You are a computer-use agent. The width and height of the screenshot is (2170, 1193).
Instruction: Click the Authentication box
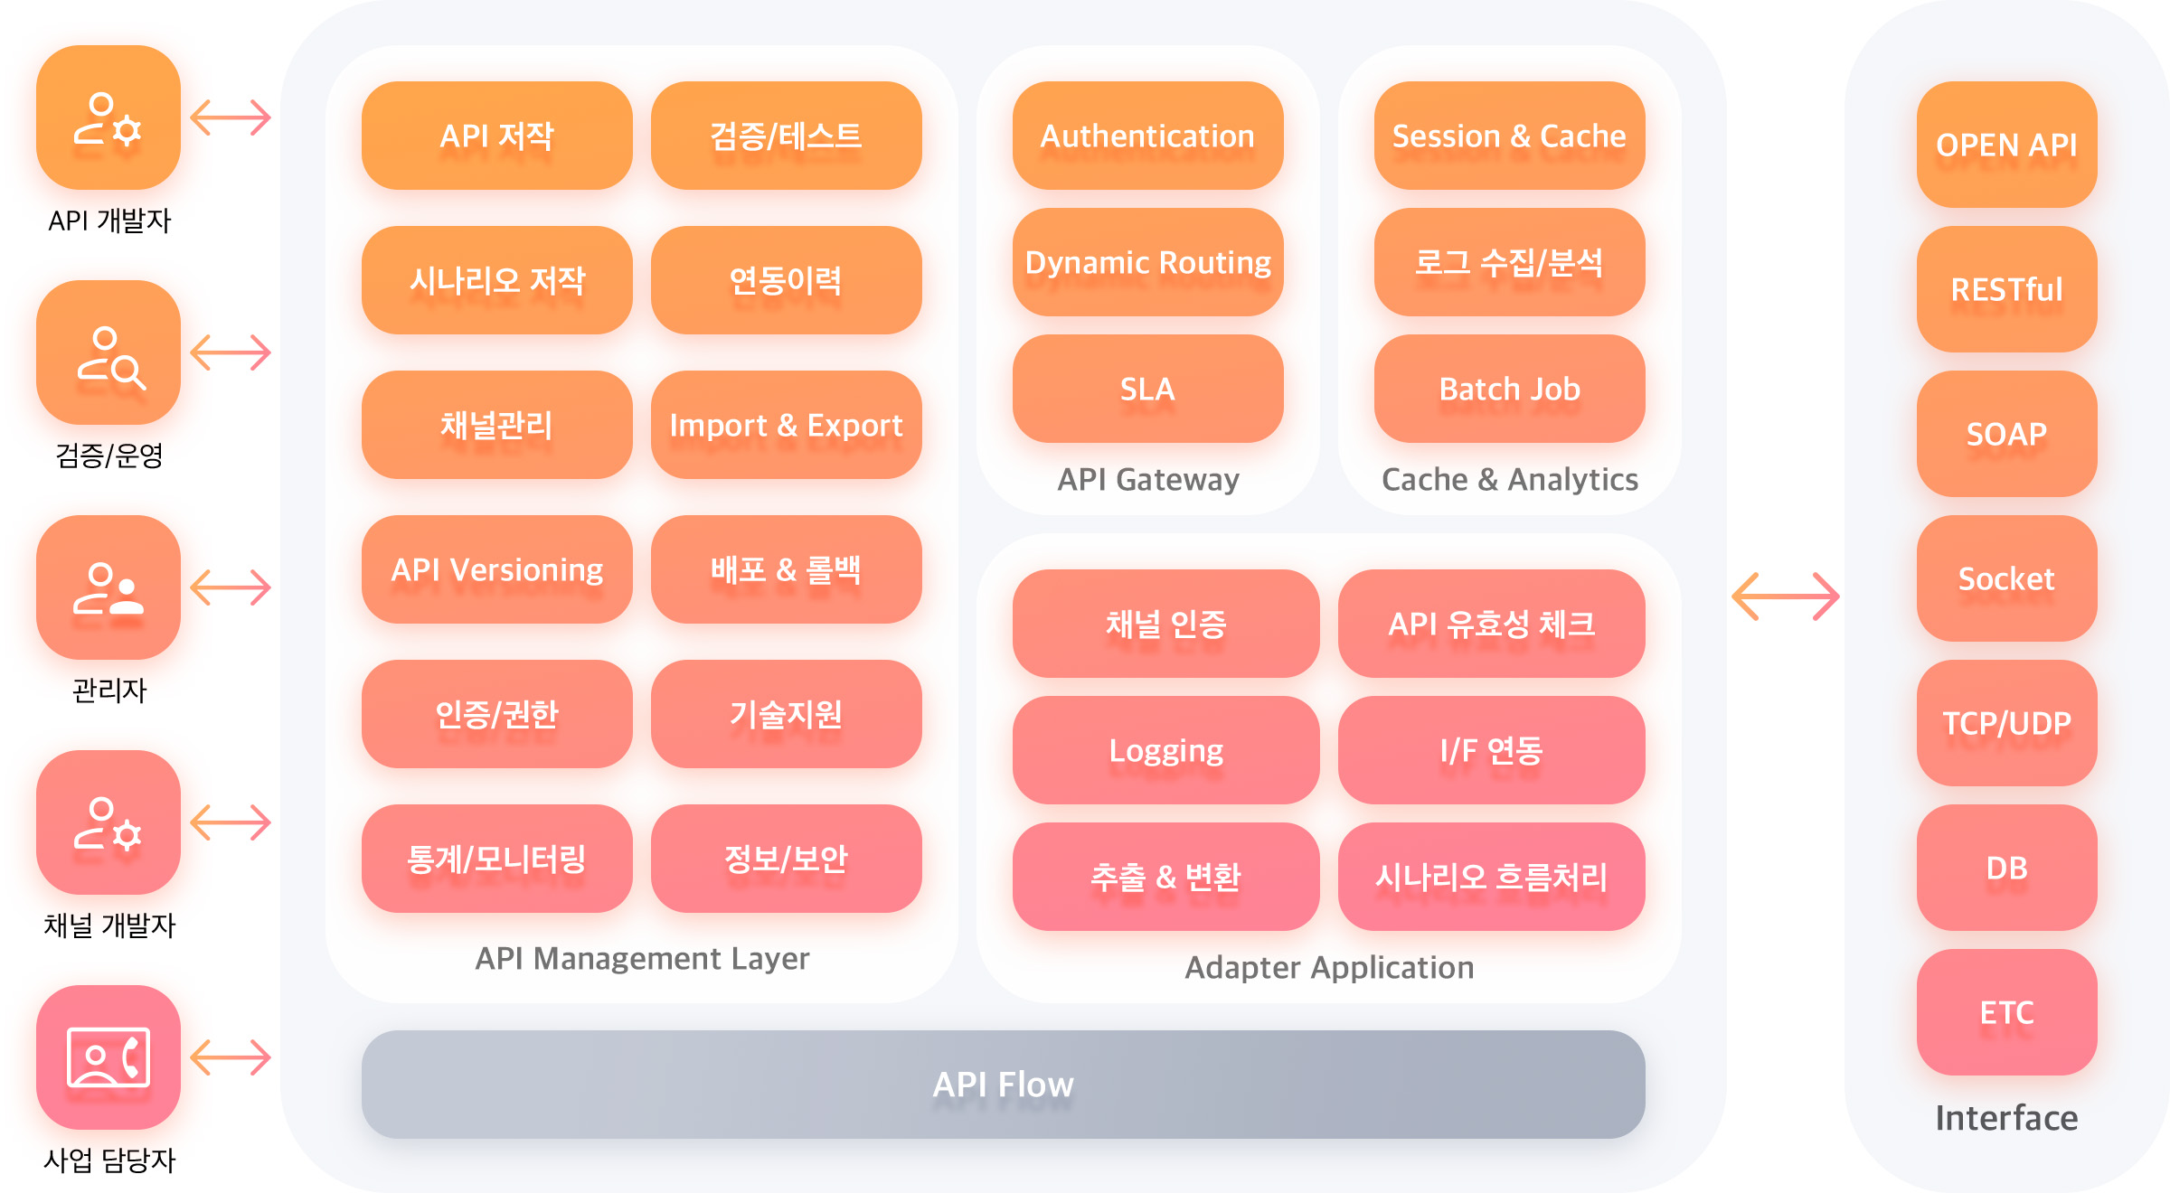[x=1147, y=136]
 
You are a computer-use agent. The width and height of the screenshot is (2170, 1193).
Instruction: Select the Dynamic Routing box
[x=1147, y=262]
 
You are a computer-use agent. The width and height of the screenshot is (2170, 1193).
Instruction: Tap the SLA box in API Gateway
[x=1147, y=389]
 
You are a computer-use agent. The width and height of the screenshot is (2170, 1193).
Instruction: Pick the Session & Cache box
[x=1509, y=136]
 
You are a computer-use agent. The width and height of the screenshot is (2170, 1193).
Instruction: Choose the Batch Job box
[x=1509, y=389]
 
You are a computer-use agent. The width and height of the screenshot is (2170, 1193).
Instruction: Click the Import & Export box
[x=786, y=425]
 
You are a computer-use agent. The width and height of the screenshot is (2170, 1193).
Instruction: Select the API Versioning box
[x=496, y=569]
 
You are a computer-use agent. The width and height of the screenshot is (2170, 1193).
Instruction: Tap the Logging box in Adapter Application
[x=1165, y=750]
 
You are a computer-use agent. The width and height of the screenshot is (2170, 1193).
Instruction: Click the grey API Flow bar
[x=1003, y=1085]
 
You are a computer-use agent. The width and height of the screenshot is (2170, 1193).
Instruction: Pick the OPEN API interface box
[x=2006, y=145]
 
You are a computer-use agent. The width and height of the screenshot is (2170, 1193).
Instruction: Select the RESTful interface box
[x=2006, y=289]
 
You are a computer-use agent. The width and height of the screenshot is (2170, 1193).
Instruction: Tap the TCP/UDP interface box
[x=2006, y=723]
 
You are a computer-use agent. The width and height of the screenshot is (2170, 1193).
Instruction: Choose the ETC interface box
[x=2006, y=1012]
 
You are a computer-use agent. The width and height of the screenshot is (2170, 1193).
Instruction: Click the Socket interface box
[x=2006, y=578]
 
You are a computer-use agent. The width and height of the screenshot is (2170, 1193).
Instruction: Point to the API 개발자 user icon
[x=108, y=117]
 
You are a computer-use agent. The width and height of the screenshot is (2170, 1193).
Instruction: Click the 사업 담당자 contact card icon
[x=108, y=1057]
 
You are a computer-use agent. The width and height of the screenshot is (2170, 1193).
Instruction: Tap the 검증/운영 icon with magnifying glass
[x=108, y=352]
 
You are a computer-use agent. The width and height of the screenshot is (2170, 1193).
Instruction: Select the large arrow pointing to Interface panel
[x=1786, y=596]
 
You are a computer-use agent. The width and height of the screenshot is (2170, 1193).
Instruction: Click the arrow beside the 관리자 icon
[x=231, y=587]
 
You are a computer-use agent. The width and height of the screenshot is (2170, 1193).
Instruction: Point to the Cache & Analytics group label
[x=1509, y=479]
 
